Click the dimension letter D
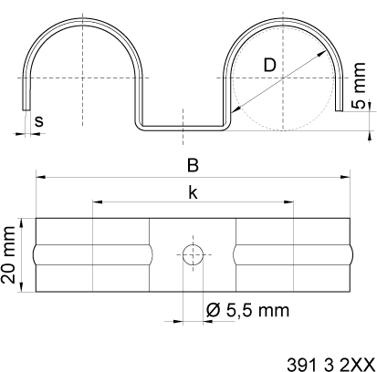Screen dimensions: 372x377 click(270, 65)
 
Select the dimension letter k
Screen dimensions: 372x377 click(192, 191)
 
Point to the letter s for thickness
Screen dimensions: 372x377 click(37, 119)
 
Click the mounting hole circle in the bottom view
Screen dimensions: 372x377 click(192, 255)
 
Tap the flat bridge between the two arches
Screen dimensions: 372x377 click(183, 126)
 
